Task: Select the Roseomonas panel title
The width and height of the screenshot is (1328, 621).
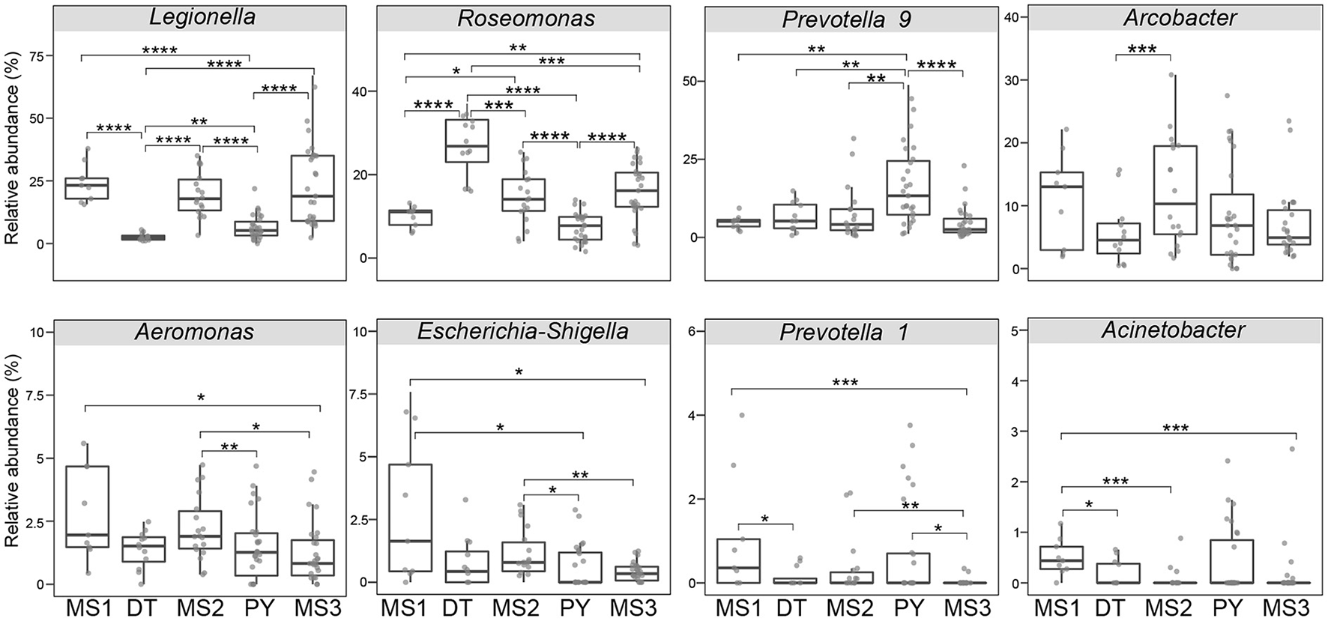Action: [x=526, y=18]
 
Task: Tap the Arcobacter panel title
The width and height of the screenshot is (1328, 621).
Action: [x=1180, y=18]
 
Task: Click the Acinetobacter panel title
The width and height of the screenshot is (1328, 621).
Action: [x=1174, y=330]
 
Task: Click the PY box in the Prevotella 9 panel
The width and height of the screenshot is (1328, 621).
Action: [x=907, y=187]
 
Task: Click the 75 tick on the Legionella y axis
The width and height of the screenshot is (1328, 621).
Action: [x=36, y=55]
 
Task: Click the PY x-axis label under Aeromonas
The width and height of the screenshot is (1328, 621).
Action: [x=257, y=605]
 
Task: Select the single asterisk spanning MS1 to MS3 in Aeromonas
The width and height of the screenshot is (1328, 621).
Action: [x=201, y=399]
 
